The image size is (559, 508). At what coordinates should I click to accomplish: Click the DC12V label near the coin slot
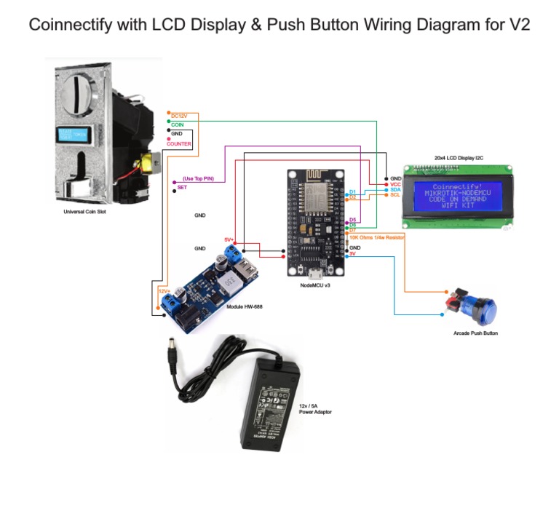click(x=179, y=116)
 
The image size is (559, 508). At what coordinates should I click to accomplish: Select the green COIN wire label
click(x=177, y=125)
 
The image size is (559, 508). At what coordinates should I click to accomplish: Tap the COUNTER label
click(x=179, y=144)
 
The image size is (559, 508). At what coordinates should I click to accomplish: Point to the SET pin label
click(x=182, y=188)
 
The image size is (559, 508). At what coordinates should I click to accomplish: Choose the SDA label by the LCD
click(x=395, y=190)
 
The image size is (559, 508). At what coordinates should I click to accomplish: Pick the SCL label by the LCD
click(x=395, y=195)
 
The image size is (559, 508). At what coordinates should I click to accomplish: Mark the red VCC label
click(x=395, y=184)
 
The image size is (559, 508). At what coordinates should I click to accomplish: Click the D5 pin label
click(x=353, y=220)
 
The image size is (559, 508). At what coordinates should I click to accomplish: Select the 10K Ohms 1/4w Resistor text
click(x=376, y=237)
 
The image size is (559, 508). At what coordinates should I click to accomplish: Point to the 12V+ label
click(x=164, y=290)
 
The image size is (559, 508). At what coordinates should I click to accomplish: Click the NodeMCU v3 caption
click(x=315, y=285)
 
